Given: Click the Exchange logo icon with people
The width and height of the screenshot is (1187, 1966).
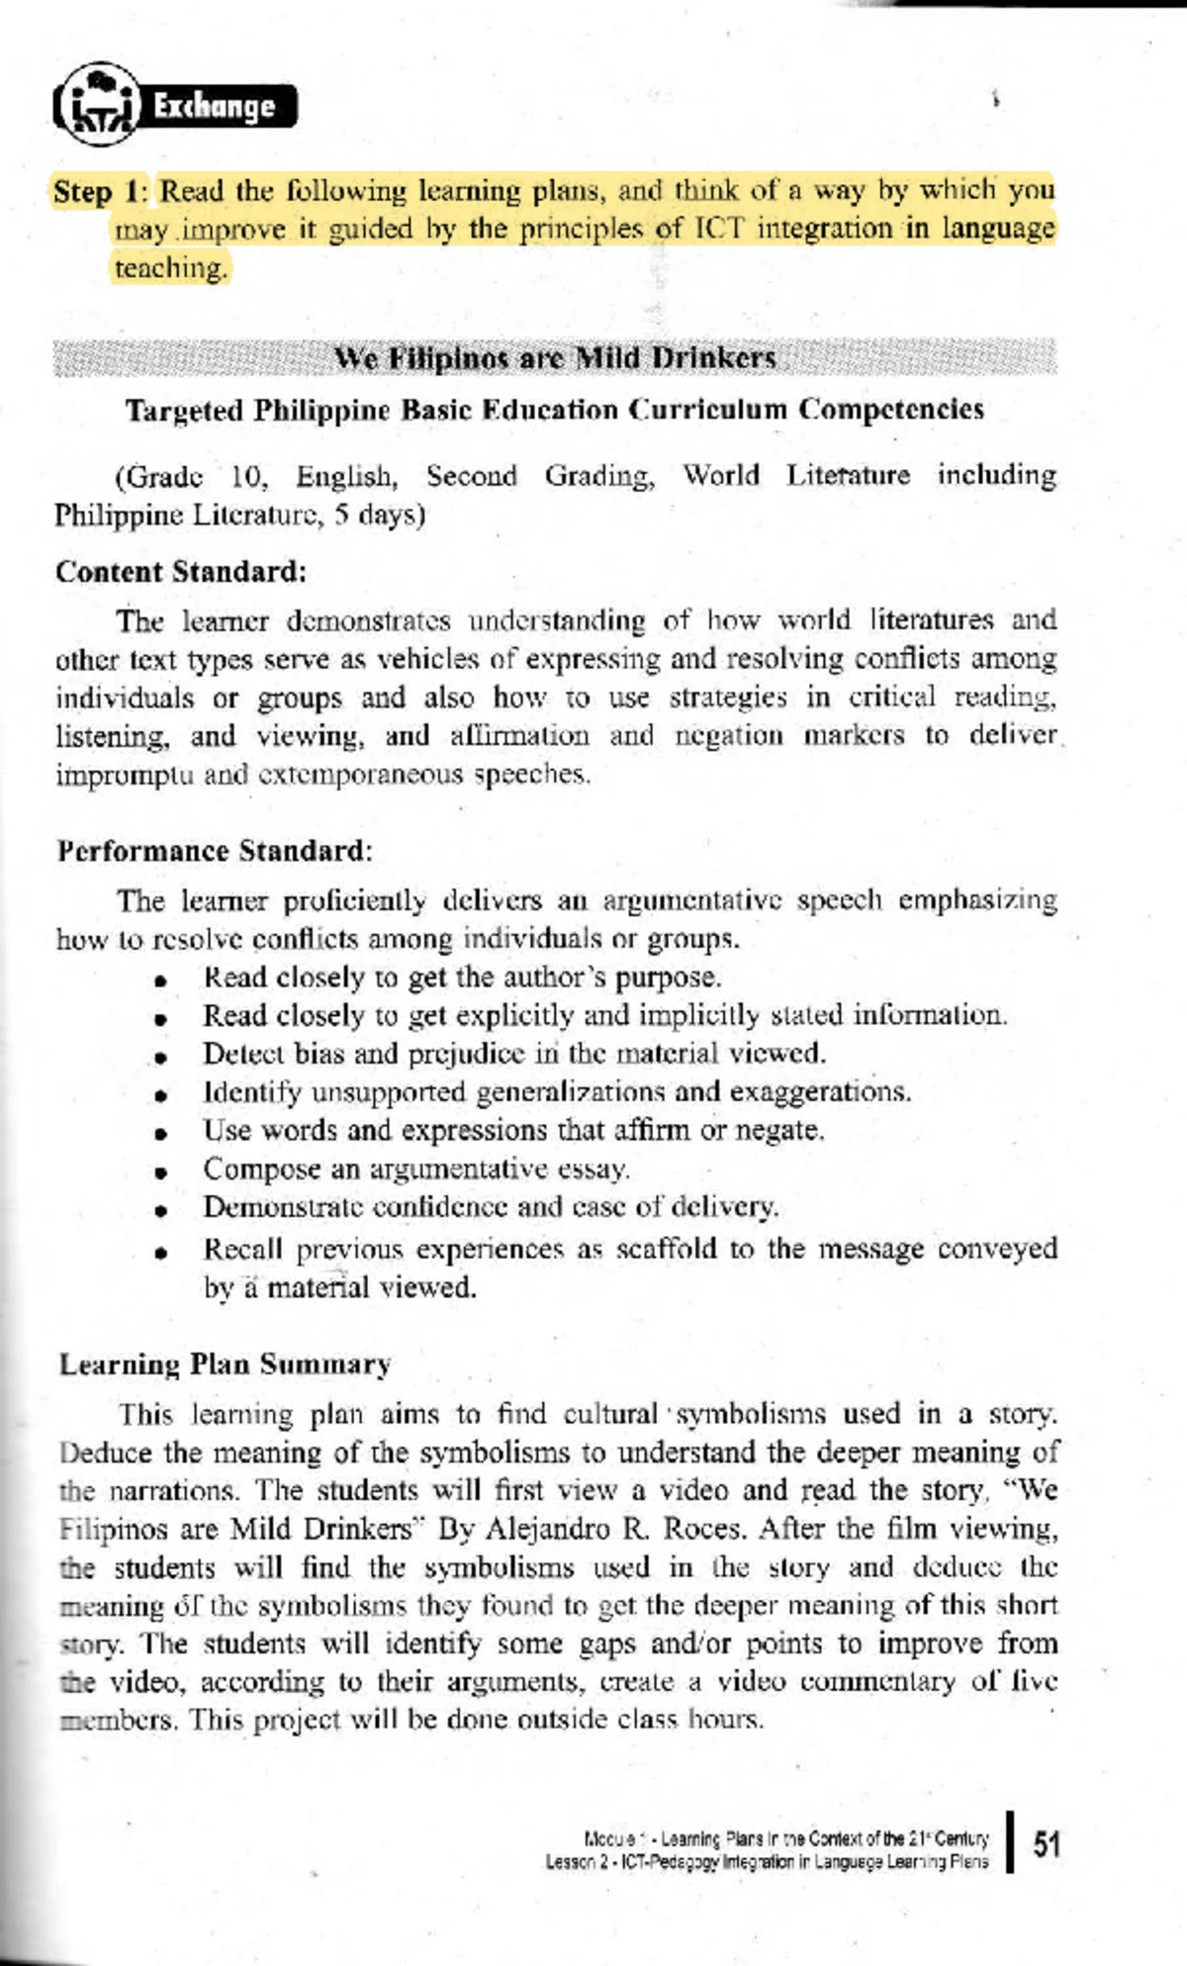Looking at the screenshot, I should (97, 103).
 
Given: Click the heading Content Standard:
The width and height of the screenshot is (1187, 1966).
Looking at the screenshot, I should (181, 572).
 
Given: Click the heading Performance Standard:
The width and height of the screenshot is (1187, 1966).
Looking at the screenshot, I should (214, 851).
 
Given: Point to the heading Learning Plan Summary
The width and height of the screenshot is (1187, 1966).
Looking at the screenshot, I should (225, 1364).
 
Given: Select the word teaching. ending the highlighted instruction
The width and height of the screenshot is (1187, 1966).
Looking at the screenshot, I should (171, 268).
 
